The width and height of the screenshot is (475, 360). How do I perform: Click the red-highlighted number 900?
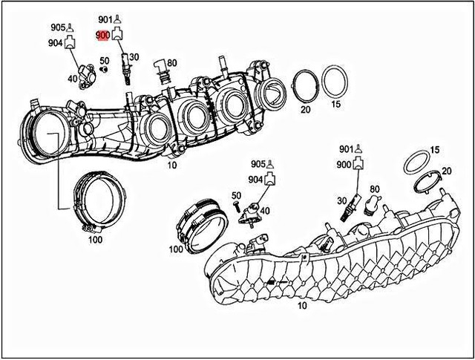pos(102,35)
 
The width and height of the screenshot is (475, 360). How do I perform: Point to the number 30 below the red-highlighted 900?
pos(134,57)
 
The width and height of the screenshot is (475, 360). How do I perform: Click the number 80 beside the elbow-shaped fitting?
pos(171,62)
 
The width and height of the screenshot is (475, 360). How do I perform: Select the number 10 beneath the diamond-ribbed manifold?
pos(301,305)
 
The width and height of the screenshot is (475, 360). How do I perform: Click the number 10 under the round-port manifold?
pos(171,165)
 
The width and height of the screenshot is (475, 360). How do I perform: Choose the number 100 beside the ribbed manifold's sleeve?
pos(176,249)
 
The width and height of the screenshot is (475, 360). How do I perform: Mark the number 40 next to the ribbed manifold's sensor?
pos(265,211)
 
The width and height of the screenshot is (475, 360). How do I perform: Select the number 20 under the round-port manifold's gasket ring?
pos(305,109)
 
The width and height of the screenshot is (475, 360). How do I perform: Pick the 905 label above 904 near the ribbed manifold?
pos(257,164)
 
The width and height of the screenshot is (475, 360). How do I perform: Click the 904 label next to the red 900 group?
pos(56,43)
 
